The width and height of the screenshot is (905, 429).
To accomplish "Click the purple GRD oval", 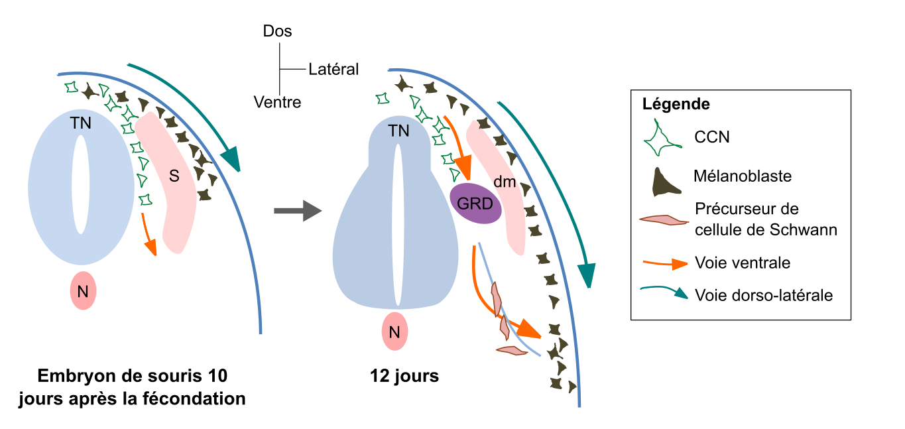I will tap(475, 204).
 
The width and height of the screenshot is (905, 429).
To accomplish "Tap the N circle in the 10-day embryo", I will tap(84, 290).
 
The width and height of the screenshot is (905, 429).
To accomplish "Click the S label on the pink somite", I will tap(174, 176).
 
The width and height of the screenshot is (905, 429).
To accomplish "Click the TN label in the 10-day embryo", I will tap(82, 123).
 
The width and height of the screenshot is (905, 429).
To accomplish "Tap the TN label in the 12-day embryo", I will tap(398, 131).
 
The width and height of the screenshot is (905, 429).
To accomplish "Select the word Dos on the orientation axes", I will tap(277, 31).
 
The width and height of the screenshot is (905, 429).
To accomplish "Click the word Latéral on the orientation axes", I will tap(333, 69).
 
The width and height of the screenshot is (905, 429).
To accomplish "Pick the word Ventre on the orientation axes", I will tap(277, 102).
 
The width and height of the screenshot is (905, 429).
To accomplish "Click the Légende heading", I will tap(676, 104).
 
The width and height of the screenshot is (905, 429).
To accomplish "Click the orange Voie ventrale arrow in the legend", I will tap(664, 263).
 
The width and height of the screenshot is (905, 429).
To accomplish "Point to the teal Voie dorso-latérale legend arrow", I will tap(664, 293).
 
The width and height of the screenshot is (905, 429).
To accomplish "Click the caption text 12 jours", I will tap(404, 376).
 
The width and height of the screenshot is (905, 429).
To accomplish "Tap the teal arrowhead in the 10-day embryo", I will tap(231, 159).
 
